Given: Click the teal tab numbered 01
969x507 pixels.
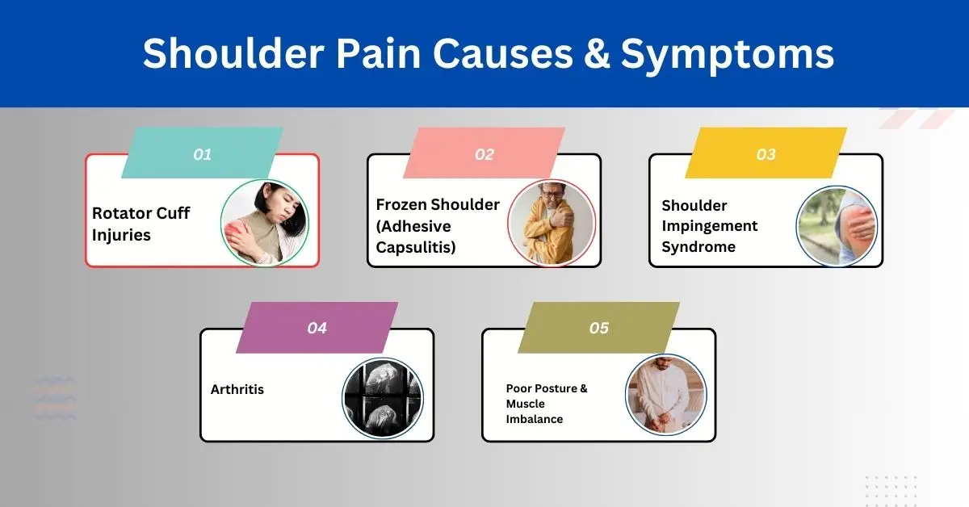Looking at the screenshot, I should click(202, 153).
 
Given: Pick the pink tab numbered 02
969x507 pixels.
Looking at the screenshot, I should click(484, 153).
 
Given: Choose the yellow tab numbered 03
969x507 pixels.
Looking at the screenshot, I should click(766, 153).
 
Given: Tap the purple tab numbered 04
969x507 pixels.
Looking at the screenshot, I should click(317, 328).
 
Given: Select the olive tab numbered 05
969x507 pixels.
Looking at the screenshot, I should click(598, 328).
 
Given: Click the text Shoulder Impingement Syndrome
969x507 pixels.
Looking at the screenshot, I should click(709, 226).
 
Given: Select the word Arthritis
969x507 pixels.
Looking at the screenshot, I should click(237, 389).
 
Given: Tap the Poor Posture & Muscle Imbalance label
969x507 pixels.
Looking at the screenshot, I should click(547, 404).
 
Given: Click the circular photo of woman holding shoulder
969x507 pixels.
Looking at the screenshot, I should click(265, 223).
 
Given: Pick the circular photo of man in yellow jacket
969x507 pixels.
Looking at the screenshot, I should click(552, 223).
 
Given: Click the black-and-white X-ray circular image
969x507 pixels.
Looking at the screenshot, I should click(383, 398).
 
